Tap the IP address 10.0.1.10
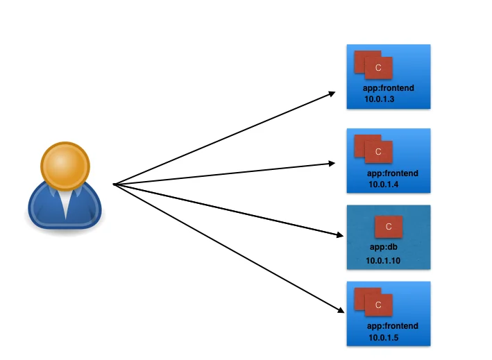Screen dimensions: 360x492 (384, 260)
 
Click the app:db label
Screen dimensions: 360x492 (382, 247)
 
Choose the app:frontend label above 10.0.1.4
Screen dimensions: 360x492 (392, 173)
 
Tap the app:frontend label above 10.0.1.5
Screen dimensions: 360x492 (392, 326)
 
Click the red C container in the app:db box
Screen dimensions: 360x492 (389, 227)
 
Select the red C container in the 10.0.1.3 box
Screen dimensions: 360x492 (379, 68)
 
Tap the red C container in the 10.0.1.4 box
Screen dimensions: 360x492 (379, 151)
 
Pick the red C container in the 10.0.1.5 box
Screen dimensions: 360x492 (379, 305)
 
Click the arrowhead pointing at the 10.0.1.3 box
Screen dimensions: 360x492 (333, 93)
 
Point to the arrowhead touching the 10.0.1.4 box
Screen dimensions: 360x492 (333, 164)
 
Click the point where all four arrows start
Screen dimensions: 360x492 (113, 184)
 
